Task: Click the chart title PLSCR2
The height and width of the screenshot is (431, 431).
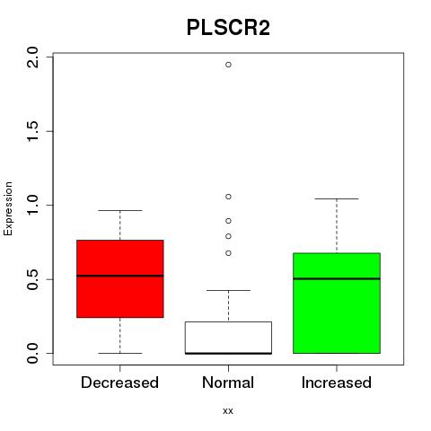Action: coord(228,28)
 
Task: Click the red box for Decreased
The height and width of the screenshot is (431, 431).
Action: coord(120,278)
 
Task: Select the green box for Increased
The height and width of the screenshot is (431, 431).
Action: coord(337,303)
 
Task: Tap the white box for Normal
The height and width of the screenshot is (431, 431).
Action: coord(228,338)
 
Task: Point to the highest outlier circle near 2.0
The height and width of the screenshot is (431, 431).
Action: coord(228,65)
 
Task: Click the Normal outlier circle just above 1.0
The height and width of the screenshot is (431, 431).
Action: coord(228,197)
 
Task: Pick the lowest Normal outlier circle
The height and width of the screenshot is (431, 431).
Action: coord(228,253)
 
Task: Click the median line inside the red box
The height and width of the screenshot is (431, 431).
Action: coord(120,276)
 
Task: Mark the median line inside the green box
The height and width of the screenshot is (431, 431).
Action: coord(337,278)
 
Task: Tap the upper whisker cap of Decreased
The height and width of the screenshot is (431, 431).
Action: coord(120,210)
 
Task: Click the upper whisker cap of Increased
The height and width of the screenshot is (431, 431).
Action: coord(337,198)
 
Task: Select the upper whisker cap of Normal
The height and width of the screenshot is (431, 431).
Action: coord(228,290)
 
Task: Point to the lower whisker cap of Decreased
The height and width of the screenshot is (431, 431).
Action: coord(120,353)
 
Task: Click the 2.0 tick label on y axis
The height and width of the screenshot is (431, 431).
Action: coord(32,57)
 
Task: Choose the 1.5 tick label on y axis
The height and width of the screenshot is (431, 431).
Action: coord(32,131)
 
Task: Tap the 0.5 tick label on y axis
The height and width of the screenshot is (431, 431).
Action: coord(32,279)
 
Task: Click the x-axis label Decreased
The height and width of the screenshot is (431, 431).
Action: coord(119,383)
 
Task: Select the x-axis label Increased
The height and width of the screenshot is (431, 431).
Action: coord(337,383)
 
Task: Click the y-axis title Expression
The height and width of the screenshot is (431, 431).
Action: coord(8,208)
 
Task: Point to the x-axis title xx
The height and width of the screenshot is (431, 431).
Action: coord(228,411)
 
